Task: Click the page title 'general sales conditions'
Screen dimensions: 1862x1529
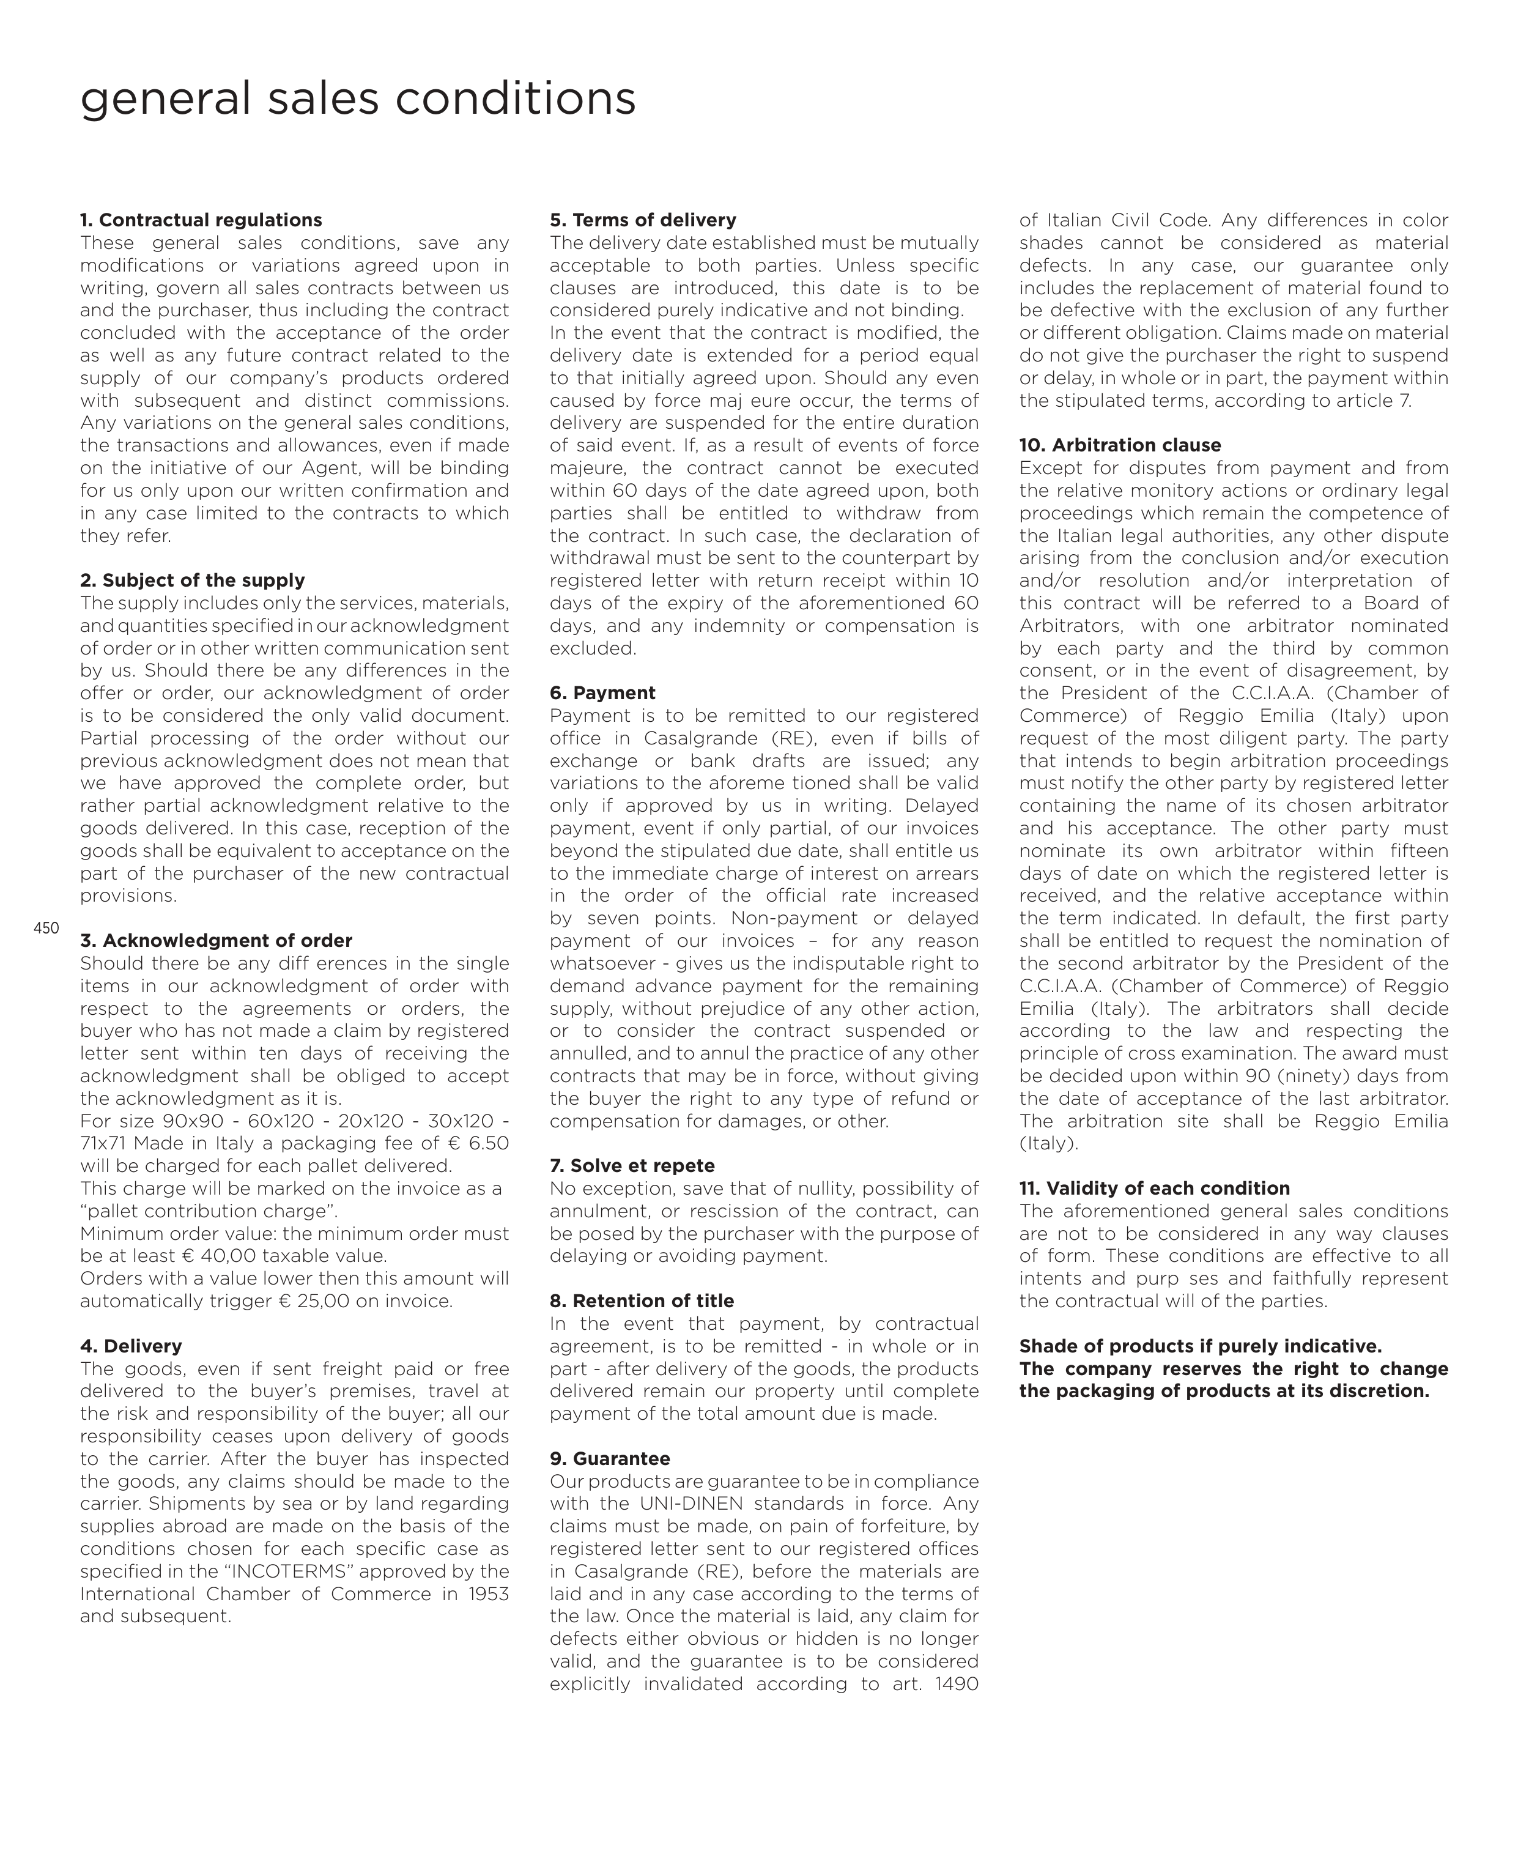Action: pos(358,98)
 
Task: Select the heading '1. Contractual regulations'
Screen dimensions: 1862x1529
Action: pos(201,220)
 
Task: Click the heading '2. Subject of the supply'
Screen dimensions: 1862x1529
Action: pos(192,580)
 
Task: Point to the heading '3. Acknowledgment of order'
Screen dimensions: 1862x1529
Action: pos(216,941)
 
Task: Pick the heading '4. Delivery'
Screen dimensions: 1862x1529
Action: pos(130,1346)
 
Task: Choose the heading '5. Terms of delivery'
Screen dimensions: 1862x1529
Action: pos(642,220)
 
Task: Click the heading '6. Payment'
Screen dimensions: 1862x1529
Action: pos(602,693)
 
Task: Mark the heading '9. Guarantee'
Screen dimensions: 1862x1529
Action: pos(610,1459)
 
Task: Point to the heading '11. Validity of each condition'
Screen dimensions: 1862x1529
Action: pos(1154,1188)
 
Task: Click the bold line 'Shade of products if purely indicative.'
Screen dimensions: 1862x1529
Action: pos(1199,1346)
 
